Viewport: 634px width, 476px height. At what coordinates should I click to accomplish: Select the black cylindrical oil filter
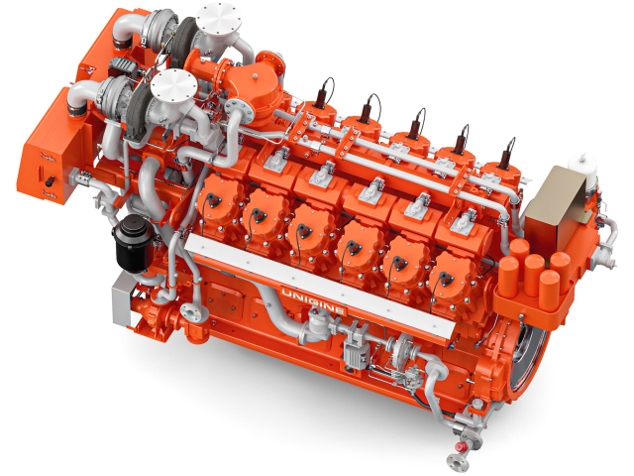132,243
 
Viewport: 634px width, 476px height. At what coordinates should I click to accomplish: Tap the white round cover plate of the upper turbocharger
219,17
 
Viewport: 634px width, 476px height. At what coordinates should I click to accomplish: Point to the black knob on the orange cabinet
50,181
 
